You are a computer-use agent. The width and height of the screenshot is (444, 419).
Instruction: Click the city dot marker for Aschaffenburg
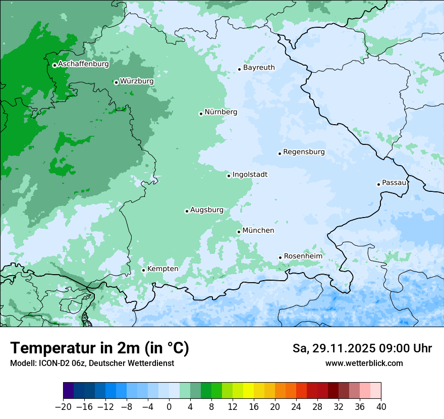pyautogui.click(x=54, y=65)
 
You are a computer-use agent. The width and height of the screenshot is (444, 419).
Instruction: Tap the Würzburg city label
pyautogui.click(x=137, y=81)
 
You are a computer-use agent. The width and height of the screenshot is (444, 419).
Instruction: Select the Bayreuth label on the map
pyautogui.click(x=259, y=68)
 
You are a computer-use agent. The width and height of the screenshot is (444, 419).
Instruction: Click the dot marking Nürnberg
pyautogui.click(x=201, y=114)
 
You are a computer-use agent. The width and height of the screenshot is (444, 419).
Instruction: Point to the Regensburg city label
pyautogui.click(x=304, y=152)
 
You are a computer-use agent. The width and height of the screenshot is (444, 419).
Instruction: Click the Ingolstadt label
pyautogui.click(x=250, y=175)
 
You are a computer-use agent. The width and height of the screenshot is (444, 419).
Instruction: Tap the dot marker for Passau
pyautogui.click(x=378, y=184)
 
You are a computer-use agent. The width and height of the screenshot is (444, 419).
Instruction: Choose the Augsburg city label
pyautogui.click(x=206, y=210)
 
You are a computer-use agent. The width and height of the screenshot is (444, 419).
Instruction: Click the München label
pyautogui.click(x=258, y=231)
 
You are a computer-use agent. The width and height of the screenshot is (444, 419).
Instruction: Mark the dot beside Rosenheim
pyautogui.click(x=280, y=257)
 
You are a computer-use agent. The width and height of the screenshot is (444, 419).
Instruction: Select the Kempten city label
pyautogui.click(x=162, y=269)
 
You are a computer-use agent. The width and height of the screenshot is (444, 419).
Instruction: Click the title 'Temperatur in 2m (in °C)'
pyautogui.click(x=99, y=348)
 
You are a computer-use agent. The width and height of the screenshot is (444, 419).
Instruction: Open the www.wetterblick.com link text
pyautogui.click(x=364, y=363)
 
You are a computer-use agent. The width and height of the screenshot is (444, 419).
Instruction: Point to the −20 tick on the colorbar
pyautogui.click(x=63, y=407)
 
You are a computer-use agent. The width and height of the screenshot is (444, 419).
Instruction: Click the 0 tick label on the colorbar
pyautogui.click(x=169, y=407)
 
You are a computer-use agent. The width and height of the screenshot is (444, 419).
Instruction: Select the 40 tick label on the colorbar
pyautogui.click(x=381, y=407)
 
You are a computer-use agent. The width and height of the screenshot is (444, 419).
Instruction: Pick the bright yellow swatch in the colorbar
pyautogui.click(x=248, y=391)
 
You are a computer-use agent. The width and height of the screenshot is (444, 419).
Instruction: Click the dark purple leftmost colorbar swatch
pyautogui.click(x=68, y=391)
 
